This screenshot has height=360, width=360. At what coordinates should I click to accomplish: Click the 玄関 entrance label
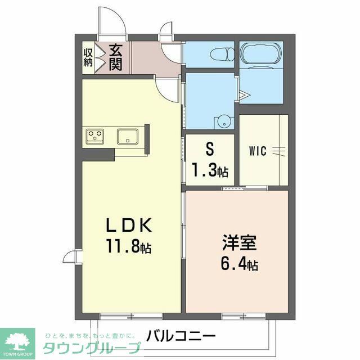(115, 57)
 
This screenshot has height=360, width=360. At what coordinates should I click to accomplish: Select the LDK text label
(129, 226)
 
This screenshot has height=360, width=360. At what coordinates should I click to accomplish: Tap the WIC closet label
(258, 151)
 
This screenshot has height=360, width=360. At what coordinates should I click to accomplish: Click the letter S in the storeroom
(210, 150)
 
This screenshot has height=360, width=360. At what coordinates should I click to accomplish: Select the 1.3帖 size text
(210, 169)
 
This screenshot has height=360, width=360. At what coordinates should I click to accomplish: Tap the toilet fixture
(222, 54)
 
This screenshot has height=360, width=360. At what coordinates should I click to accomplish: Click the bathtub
(261, 55)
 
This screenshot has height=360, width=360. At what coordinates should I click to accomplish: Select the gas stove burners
(95, 136)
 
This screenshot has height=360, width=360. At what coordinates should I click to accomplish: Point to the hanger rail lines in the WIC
(279, 150)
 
